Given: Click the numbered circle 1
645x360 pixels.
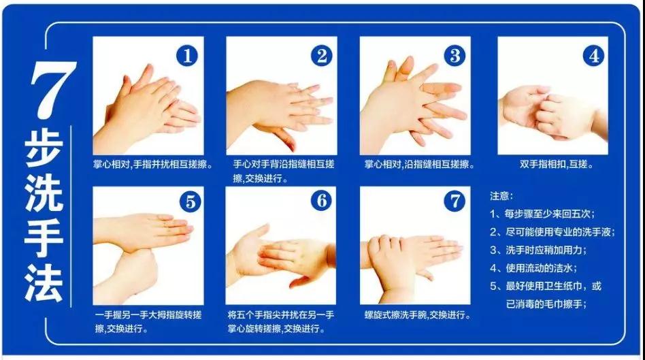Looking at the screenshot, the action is click(187, 56).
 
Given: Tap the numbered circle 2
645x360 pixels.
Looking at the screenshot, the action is click(321, 56).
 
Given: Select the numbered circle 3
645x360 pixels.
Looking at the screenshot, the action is click(454, 56).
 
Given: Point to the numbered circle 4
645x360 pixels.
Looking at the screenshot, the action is click(593, 56).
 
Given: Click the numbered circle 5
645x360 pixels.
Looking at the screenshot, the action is click(190, 201).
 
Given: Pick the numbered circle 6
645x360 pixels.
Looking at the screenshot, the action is click(321, 201).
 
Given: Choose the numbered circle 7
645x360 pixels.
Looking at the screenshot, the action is click(454, 201).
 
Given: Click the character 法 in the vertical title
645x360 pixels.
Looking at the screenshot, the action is click(44, 284).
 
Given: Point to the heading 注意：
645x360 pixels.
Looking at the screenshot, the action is click(501, 196).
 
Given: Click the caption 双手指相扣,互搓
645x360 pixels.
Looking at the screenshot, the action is click(556, 164).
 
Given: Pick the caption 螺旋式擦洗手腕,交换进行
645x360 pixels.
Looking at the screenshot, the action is click(417, 315).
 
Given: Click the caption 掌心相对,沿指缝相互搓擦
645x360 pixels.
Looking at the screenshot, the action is click(419, 164).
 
